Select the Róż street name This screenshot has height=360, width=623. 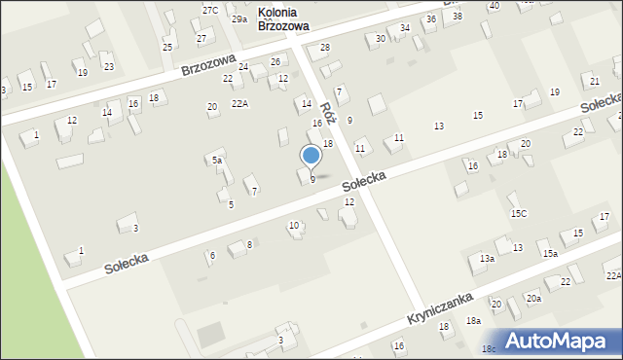click(x=328, y=115)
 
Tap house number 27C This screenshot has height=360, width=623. click(x=210, y=10)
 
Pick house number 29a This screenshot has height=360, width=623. click(x=239, y=19)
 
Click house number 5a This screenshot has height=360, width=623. click(x=218, y=161)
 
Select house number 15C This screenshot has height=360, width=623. click(x=518, y=213)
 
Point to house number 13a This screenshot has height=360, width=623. click(x=487, y=259)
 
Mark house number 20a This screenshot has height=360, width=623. click(x=533, y=299)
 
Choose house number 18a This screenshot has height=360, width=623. click(x=473, y=320)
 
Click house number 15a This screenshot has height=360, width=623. click(x=551, y=253)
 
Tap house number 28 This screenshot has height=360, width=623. click(x=325, y=48)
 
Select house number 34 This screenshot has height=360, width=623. click(x=405, y=27)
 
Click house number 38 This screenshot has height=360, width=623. click(x=458, y=17)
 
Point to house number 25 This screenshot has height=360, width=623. click(x=167, y=47)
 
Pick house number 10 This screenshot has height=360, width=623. click(x=294, y=226)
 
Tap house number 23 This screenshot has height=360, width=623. click(x=108, y=66)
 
